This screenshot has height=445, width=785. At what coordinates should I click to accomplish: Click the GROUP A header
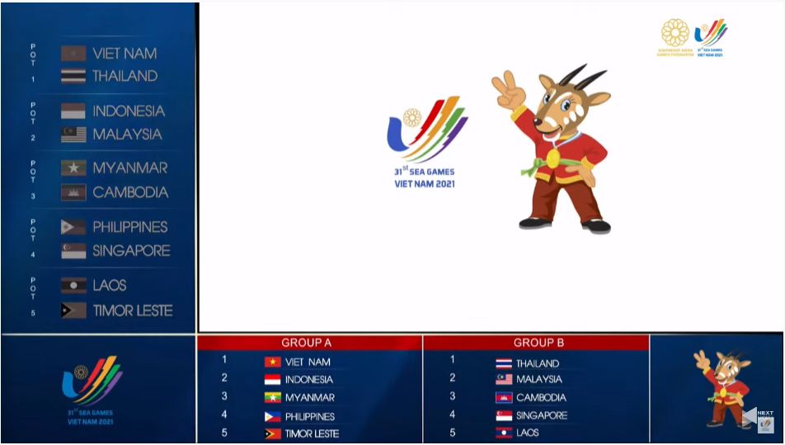tap(307, 343)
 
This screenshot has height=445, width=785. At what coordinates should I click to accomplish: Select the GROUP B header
tap(538, 343)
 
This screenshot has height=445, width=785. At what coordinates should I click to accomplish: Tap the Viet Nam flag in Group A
tap(272, 362)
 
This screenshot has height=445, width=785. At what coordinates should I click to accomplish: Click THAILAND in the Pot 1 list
tap(125, 76)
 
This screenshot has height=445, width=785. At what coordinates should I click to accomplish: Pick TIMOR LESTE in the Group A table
tap(312, 433)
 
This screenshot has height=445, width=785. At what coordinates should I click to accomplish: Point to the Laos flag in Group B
tap(504, 433)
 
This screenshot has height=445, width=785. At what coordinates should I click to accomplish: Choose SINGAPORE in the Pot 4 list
tap(131, 251)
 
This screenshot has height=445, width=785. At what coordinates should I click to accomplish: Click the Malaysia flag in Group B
tap(504, 380)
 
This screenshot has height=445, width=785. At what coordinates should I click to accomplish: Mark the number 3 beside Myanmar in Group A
tap(224, 397)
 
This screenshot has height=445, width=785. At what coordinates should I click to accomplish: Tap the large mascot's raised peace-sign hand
tap(506, 88)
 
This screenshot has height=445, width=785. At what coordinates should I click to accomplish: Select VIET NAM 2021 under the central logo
tap(425, 183)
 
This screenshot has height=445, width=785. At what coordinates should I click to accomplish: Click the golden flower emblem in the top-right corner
tap(675, 33)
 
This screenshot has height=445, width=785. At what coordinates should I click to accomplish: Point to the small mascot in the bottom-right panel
tap(722, 388)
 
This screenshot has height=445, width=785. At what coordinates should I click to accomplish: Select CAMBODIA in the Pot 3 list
tap(130, 192)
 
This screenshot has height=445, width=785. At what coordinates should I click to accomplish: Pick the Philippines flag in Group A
tap(272, 416)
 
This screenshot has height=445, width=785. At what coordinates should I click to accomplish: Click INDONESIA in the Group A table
tap(309, 380)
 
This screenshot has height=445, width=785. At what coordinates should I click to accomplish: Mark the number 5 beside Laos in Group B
tap(452, 433)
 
